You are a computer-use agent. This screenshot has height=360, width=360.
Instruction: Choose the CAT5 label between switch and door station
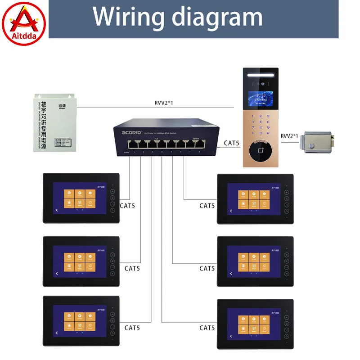pos(232,144)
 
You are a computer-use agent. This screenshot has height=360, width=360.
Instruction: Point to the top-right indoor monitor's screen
pos(254,198)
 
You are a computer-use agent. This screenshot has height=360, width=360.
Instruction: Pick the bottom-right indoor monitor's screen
pos(254,324)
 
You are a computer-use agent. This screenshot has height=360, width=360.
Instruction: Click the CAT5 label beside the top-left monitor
pos(127,206)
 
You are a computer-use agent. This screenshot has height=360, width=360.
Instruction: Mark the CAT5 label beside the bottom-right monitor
pos(207,328)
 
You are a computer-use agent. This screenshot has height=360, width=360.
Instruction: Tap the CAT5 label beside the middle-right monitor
pos(207,269)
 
